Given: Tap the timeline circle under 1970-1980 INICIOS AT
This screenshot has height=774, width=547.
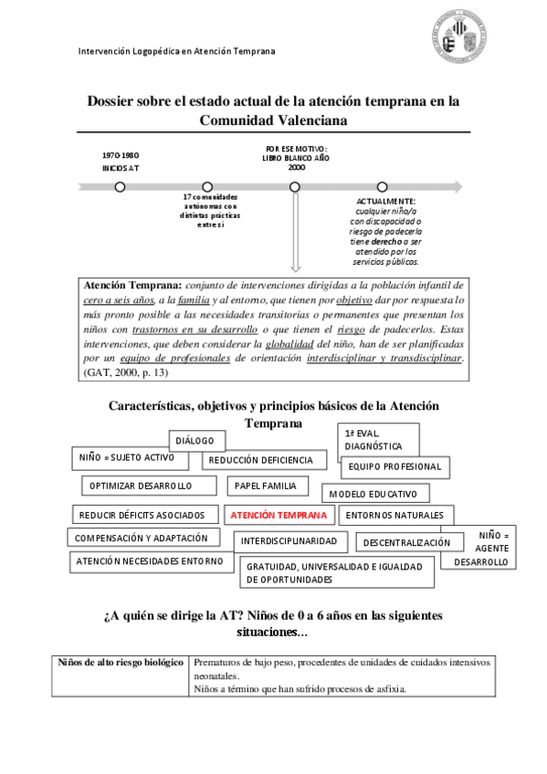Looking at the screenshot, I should point(120,187).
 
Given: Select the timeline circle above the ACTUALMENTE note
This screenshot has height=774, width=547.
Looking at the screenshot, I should point(382,187).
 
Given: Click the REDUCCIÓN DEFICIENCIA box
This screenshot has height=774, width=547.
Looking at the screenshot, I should point(261,461).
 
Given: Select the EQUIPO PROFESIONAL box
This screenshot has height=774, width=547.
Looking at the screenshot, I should point(394,466).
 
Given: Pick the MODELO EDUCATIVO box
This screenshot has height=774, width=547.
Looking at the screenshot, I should point(378,494).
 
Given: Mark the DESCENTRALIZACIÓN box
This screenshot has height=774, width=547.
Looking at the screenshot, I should point(406,543).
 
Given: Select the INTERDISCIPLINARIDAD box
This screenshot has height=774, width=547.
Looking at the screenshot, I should point(289,541).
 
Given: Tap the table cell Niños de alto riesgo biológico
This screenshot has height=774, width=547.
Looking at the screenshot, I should point(121,662).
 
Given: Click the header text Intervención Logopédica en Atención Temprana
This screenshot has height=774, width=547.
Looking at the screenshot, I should point(176,52).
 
